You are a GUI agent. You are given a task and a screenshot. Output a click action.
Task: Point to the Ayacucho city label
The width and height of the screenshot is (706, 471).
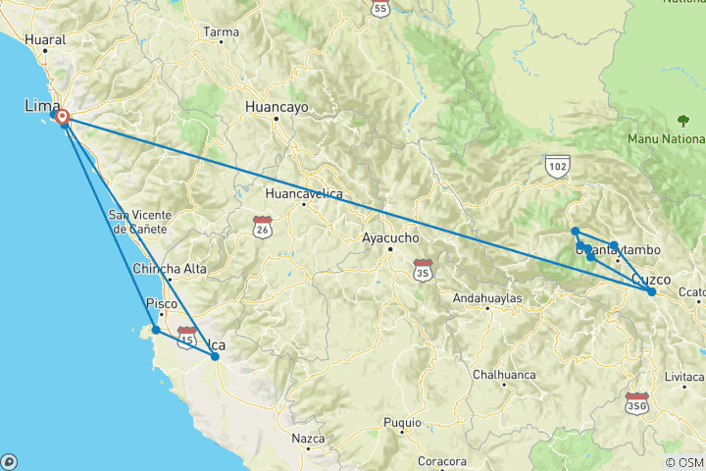390,237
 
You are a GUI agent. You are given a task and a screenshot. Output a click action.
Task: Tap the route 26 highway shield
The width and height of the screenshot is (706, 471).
262,225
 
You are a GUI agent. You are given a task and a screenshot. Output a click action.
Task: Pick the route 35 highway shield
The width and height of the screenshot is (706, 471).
423,266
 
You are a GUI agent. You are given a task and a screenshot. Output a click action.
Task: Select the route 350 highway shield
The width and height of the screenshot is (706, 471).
636,402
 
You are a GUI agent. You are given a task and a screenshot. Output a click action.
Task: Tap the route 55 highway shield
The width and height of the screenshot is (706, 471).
381,8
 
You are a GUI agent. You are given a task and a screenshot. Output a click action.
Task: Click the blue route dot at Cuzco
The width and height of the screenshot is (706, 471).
651,291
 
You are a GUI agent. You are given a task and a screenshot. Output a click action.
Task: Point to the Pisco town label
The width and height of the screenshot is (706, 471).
161,303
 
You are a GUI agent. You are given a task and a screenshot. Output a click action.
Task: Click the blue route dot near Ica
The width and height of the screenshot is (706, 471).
215,357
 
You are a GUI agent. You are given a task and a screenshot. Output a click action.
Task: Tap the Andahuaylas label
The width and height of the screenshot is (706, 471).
487,298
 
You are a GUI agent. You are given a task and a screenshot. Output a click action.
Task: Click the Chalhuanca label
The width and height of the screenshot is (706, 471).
502,374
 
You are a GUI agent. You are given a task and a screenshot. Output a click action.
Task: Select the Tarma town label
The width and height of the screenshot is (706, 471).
221,31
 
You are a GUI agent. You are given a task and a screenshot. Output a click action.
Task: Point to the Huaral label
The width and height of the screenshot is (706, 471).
46,40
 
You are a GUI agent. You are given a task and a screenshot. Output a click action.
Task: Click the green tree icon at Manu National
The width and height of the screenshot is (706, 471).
682,122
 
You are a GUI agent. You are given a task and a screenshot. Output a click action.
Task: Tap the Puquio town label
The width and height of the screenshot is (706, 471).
402,423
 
